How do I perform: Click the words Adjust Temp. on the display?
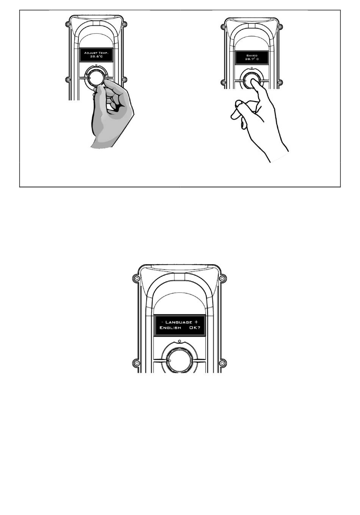tap(96, 53)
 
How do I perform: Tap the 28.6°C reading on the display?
tap(96, 56)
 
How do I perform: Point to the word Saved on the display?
tap(252, 56)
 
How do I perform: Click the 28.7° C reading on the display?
tap(252, 59)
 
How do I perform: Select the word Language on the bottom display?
tap(179, 322)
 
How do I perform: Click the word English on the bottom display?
tap(170, 328)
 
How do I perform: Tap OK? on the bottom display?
tap(195, 328)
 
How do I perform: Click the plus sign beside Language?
tap(196, 322)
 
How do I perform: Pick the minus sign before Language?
tap(163, 322)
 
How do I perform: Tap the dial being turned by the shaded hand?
tap(96, 78)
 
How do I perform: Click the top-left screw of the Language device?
tap(136, 279)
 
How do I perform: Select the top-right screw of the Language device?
tap(222, 279)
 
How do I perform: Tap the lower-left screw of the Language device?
tap(136, 363)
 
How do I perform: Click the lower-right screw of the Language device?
tap(222, 363)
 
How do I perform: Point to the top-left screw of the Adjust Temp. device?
tap(68, 24)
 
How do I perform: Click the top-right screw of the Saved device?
tap(280, 27)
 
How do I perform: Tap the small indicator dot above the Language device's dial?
tap(179, 342)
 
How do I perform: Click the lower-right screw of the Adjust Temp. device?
tap(124, 80)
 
